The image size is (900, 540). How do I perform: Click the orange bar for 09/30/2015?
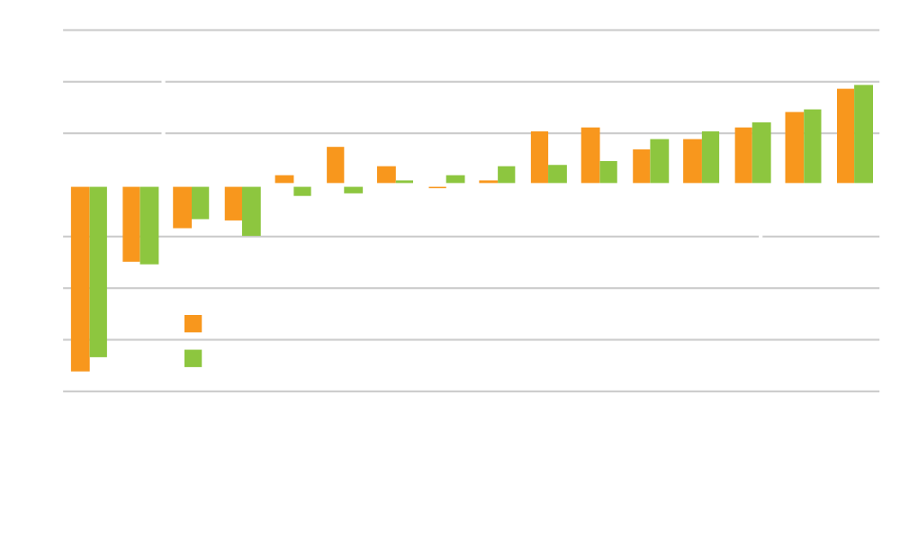(80, 278)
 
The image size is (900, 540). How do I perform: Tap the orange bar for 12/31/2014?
(335, 166)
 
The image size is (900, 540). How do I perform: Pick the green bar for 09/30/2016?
(863, 135)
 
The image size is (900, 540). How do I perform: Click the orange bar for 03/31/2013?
(539, 158)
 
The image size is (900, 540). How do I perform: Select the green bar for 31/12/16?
(251, 211)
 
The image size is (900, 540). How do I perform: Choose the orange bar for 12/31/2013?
(590, 157)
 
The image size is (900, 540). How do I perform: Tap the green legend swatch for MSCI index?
(192, 358)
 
